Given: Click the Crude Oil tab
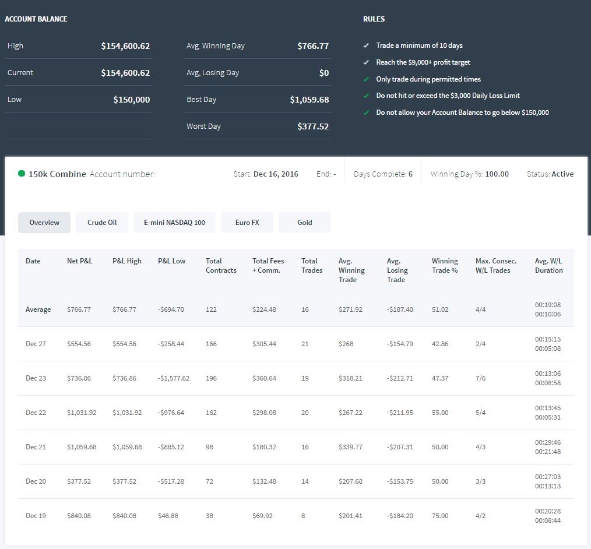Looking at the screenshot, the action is coord(102,222).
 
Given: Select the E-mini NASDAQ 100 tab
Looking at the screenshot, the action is coord(174,222).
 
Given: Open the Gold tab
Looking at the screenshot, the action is coord(305,222).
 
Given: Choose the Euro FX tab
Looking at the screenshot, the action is coord(247,222).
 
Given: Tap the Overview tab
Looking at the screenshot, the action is coord(44,222).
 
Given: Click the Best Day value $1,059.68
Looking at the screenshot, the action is coord(309,100).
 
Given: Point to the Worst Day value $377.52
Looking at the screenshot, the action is coord(313,126).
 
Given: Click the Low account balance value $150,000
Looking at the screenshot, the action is coord(132,100).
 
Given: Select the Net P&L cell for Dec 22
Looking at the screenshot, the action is coord(82,413).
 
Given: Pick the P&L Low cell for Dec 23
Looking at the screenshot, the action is coord(173,378).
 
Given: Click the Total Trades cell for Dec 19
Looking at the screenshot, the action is coord(303,516).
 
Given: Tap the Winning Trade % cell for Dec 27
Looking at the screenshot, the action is coord(440,344).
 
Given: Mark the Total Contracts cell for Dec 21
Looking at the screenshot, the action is coord(209,447).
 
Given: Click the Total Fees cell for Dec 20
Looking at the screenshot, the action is coord(264,481).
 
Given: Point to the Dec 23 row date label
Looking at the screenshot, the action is coord(36,378).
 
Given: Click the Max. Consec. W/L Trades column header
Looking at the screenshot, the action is coord(495,266).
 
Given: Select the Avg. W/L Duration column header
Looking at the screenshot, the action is coord(548,266).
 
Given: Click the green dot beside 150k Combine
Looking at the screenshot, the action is coord(22,173).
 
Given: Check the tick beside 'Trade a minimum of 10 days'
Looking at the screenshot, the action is coord(366,45).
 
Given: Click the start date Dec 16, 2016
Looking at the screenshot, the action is coord(276,174).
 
